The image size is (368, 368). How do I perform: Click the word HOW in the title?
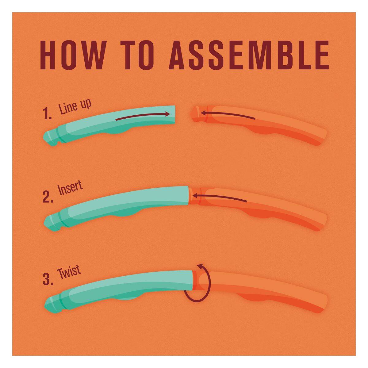[x=72, y=55]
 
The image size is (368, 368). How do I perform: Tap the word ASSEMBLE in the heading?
[x=249, y=55]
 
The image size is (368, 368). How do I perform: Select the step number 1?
[x=47, y=113]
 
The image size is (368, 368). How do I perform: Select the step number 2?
[x=48, y=197]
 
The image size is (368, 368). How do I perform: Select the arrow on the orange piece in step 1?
[x=228, y=115]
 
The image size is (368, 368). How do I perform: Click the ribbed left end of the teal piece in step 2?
[x=51, y=221]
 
